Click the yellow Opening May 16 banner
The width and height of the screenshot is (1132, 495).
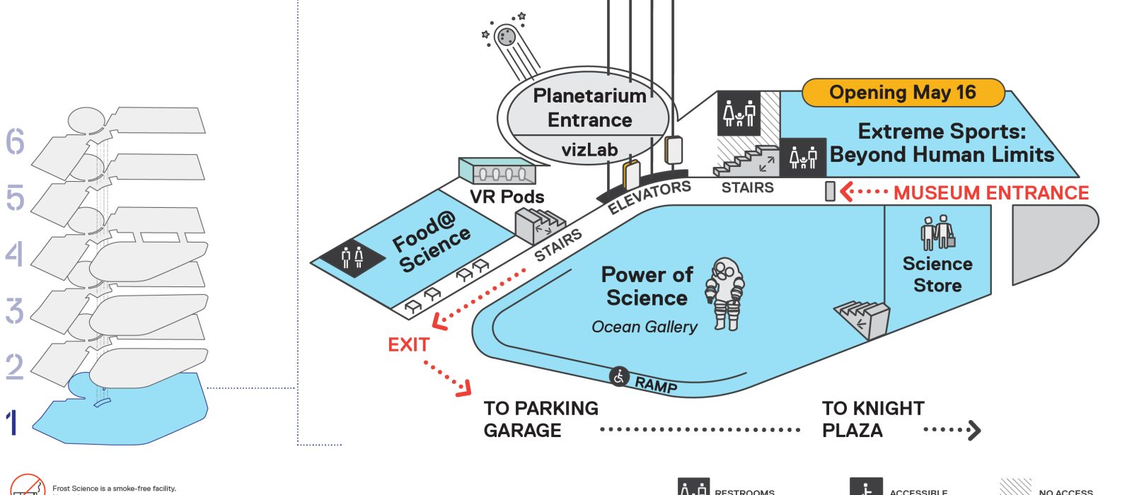[903, 93]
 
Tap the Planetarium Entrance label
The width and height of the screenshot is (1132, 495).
[589, 107]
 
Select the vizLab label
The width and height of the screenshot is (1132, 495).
[589, 150]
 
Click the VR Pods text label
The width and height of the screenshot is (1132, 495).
[507, 197]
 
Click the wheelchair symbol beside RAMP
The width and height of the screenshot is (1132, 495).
[620, 377]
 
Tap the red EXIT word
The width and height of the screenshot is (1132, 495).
[408, 344]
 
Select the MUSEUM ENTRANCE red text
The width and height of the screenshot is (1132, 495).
[990, 193]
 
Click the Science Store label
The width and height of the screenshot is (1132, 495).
[937, 274]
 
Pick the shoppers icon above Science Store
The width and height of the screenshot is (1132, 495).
[938, 232]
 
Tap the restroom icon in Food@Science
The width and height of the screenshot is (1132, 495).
[352, 257]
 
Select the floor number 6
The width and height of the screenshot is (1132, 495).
[15, 141]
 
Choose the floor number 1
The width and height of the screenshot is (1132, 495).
[11, 423]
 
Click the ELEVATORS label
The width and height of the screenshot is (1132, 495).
[649, 197]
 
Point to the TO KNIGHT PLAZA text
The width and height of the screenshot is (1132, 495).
[873, 419]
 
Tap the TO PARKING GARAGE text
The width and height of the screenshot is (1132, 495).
[541, 419]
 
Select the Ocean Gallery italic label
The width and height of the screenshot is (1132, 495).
[644, 327]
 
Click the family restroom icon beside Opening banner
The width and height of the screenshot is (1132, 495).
[739, 113]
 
